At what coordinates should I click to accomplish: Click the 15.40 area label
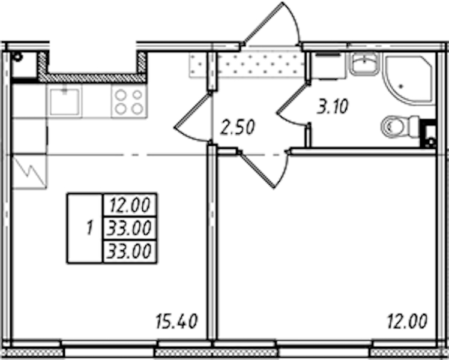tap(176, 321)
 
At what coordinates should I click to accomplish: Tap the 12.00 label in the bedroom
tap(407, 321)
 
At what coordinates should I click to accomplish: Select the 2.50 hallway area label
tap(237, 127)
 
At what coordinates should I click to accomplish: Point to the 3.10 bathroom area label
tap(333, 106)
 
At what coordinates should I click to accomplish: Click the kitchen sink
tap(64, 101)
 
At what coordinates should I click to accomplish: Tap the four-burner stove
tap(129, 101)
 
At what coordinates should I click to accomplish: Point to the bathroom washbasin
tap(364, 63)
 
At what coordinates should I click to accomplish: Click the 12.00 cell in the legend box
tap(130, 205)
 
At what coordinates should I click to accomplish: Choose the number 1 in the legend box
tap(89, 229)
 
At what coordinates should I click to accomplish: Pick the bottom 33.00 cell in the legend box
tap(130, 251)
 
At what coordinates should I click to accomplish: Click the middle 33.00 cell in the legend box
tap(130, 229)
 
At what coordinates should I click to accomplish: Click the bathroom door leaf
tap(292, 98)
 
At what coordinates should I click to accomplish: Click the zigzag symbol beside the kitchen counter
tap(29, 172)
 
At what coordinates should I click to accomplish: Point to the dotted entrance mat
tap(247, 65)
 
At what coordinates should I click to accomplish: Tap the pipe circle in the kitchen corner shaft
tap(17, 56)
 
